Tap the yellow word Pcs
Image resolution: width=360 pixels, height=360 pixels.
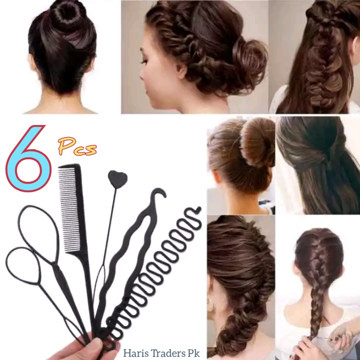coord(77,146)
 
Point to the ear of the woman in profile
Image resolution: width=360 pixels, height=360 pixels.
coord(181,69)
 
